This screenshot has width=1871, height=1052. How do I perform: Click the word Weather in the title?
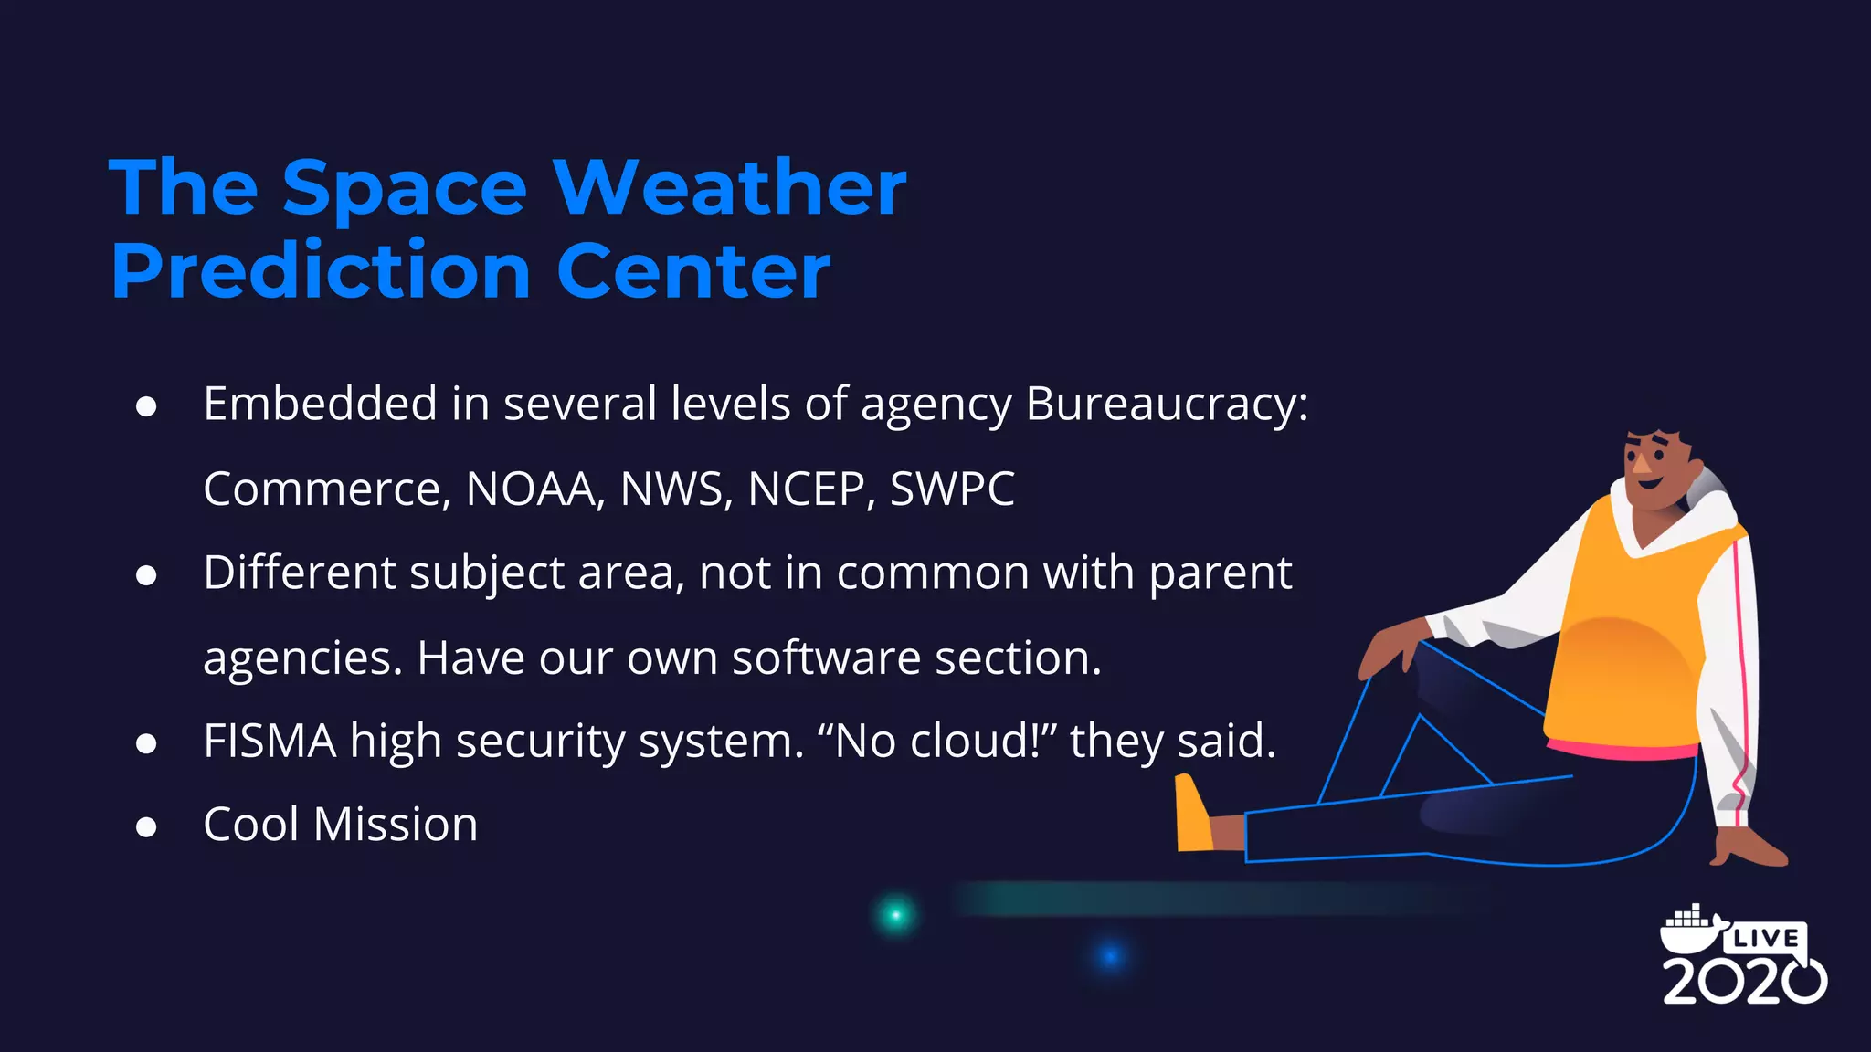729,188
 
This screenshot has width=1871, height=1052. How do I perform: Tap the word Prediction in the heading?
321,271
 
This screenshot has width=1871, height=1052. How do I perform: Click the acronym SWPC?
952,489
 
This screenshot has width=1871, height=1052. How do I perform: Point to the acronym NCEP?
804,489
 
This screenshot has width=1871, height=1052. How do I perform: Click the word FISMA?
270,741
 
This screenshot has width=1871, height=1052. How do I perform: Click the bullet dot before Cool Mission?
146,827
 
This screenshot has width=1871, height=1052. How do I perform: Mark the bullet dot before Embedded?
146,407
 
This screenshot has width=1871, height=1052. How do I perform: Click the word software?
825,657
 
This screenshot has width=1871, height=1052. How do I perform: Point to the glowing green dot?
895,915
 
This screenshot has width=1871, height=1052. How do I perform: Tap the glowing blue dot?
1110,956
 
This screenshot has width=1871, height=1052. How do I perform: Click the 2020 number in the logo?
1743,982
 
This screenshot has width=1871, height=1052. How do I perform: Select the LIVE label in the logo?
1766,938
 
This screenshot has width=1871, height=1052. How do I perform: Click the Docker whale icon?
1688,931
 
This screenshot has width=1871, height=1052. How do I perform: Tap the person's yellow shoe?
1193,815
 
